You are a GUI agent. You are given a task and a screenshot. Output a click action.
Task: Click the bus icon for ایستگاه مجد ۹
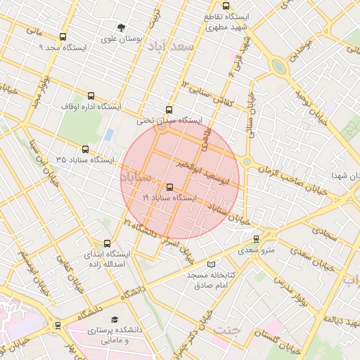pyautogui.click(x=63, y=37)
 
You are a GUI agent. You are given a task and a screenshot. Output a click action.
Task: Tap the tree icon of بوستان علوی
pyautogui.click(x=122, y=28)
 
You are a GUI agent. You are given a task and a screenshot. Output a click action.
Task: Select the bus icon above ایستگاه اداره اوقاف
pyautogui.click(x=91, y=96)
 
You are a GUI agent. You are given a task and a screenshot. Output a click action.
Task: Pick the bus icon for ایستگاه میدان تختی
pyautogui.click(x=168, y=110)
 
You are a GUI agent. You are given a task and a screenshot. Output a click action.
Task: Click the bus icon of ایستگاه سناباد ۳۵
pyautogui.click(x=86, y=149)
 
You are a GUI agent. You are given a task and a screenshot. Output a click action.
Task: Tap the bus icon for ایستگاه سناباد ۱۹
pyautogui.click(x=169, y=187)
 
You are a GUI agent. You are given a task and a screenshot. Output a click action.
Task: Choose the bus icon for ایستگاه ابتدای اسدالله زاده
pyautogui.click(x=107, y=243)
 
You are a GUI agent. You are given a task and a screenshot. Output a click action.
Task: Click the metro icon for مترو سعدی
pyautogui.click(x=256, y=238)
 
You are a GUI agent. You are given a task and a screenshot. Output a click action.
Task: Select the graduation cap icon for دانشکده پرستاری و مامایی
pyautogui.click(x=115, y=319)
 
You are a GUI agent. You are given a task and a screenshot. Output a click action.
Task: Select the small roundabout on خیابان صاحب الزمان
pyautogui.click(x=247, y=162)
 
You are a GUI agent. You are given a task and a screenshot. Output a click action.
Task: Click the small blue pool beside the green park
pyautogui.click(x=108, y=134)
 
